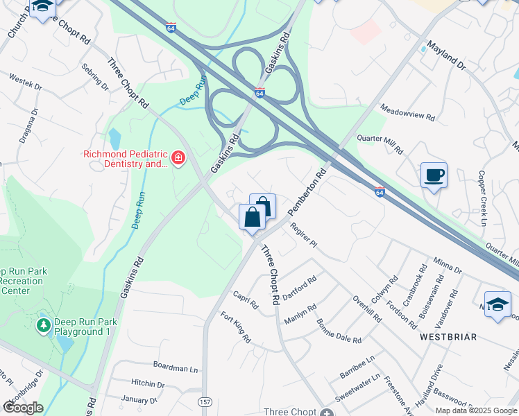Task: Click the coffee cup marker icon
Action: [x=434, y=175]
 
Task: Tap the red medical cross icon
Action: [x=178, y=159]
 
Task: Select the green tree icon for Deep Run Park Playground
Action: [x=44, y=324]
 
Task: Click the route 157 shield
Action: [x=205, y=402]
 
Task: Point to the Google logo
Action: [x=22, y=408]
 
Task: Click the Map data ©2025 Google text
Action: [x=477, y=410]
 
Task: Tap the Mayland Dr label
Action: [x=446, y=55]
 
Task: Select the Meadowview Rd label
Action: [x=408, y=112]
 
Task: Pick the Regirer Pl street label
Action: [x=303, y=234]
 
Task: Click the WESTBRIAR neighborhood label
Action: [x=448, y=337]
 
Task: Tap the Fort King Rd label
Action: [x=236, y=327]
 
